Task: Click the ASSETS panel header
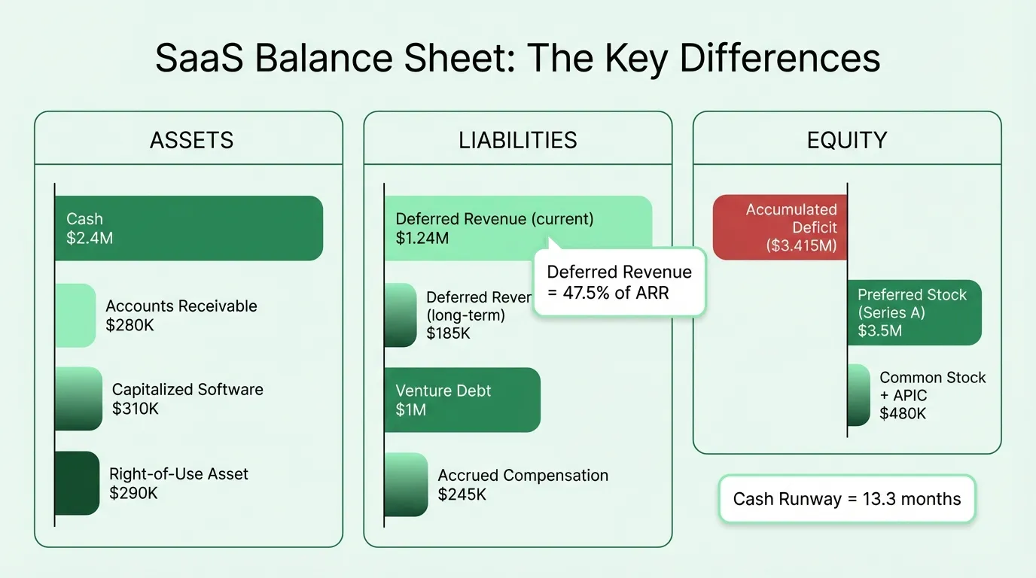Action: [x=191, y=140]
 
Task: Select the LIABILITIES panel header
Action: [x=518, y=140]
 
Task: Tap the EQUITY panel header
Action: [x=847, y=140]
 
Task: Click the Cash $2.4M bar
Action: [x=188, y=228]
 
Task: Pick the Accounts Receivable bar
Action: [x=75, y=315]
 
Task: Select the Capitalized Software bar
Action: [x=78, y=399]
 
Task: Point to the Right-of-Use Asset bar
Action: [x=77, y=483]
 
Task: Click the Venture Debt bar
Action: [x=462, y=400]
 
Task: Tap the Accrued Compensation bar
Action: [x=406, y=485]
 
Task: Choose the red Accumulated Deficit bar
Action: [x=780, y=227]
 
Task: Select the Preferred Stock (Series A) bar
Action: [x=914, y=312]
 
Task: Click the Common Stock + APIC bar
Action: [x=859, y=395]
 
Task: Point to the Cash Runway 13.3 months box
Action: [x=847, y=498]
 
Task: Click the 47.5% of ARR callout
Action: [x=619, y=282]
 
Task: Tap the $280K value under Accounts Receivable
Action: [x=129, y=325]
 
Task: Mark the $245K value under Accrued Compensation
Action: [x=462, y=494]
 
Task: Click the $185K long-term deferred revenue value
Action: [x=448, y=333]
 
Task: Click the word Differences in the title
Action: [x=779, y=59]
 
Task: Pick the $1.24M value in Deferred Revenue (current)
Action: [x=422, y=239]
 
